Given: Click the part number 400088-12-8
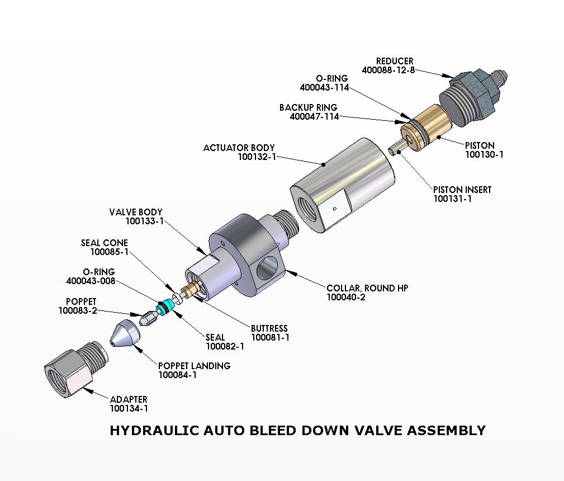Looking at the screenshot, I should coord(388,70).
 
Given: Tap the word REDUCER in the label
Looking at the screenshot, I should coord(395,61).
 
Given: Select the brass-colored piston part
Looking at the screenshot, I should coord(432,124).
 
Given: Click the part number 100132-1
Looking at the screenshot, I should coord(257,157).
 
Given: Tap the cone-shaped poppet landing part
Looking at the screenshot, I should coord(124,335).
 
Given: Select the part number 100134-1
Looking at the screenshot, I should coord(129,408).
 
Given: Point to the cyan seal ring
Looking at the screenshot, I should coord(164,307).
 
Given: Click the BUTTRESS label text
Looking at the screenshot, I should coord(269,328).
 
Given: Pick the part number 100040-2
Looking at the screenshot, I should coord(346,297).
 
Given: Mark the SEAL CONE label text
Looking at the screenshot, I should coord(105,243).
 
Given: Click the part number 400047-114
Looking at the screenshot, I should coord(314,116).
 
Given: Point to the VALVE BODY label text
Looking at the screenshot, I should coord(136,212).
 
